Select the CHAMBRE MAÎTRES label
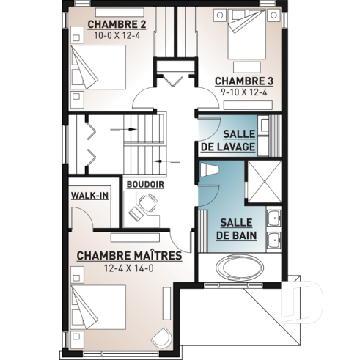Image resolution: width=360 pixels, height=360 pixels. click(x=128, y=255)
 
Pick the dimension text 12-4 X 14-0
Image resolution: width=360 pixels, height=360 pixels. click(x=128, y=268)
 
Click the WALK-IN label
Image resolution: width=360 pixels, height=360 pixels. click(x=89, y=196)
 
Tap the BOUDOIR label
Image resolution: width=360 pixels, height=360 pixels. click(x=144, y=184)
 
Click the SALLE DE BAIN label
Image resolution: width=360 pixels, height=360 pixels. click(x=234, y=228)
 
